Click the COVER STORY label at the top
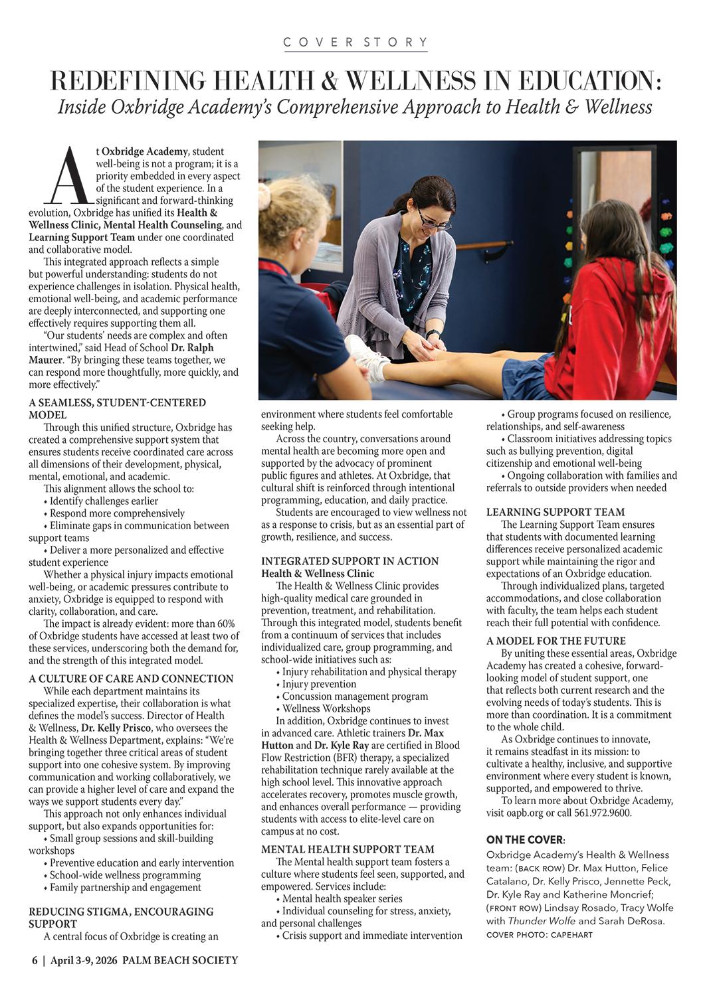click(355, 42)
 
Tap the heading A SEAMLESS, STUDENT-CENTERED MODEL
click(117, 408)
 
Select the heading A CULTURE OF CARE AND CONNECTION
click(131, 679)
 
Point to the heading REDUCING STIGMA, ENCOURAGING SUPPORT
click(121, 918)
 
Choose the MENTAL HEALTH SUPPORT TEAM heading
click(348, 849)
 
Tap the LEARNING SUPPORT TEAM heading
click(556, 512)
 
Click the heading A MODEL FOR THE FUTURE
click(556, 641)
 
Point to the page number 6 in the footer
click(34, 960)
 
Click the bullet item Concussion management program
click(355, 697)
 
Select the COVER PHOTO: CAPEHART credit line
click(539, 935)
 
